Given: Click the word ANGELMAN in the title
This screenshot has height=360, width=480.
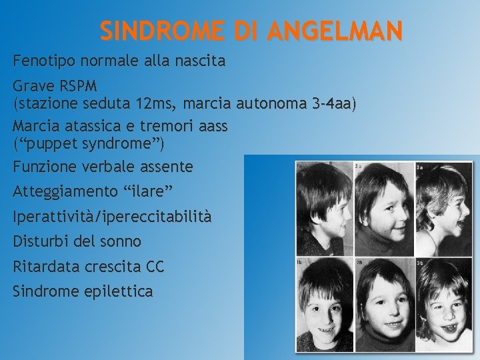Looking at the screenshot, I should pos(336,31).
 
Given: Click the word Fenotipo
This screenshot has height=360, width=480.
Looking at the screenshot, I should pos(43,61).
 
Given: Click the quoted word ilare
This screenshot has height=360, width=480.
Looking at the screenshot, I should pos(148,192).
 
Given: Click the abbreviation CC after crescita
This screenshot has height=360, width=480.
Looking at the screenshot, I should pos(154,267).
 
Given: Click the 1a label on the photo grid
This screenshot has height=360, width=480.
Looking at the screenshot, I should pos(300,165).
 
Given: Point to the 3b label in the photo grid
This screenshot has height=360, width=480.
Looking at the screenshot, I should pos(421,262).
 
